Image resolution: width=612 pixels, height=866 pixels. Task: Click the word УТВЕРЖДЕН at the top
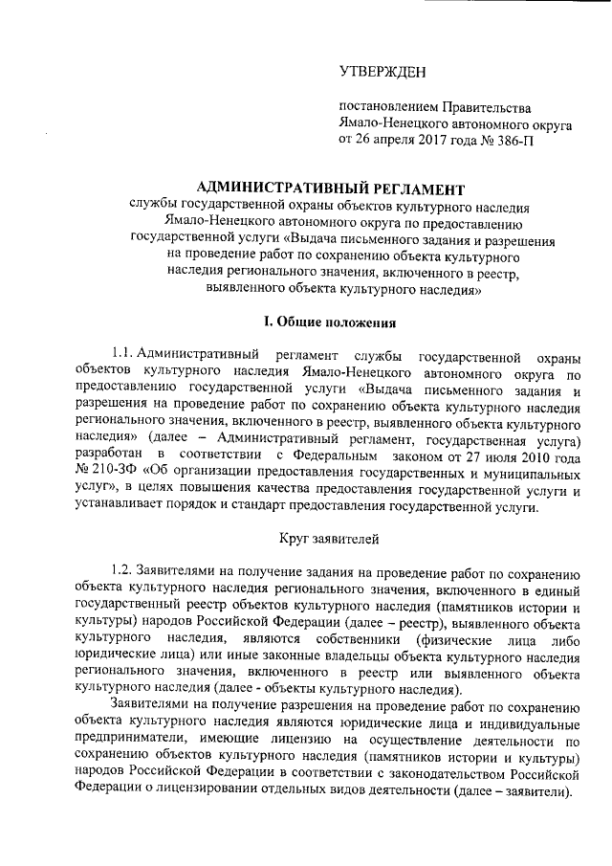tap(384, 73)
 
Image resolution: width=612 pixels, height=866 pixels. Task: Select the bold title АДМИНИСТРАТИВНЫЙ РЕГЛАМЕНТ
tap(330, 188)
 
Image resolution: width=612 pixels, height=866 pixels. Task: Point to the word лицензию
tap(323, 740)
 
